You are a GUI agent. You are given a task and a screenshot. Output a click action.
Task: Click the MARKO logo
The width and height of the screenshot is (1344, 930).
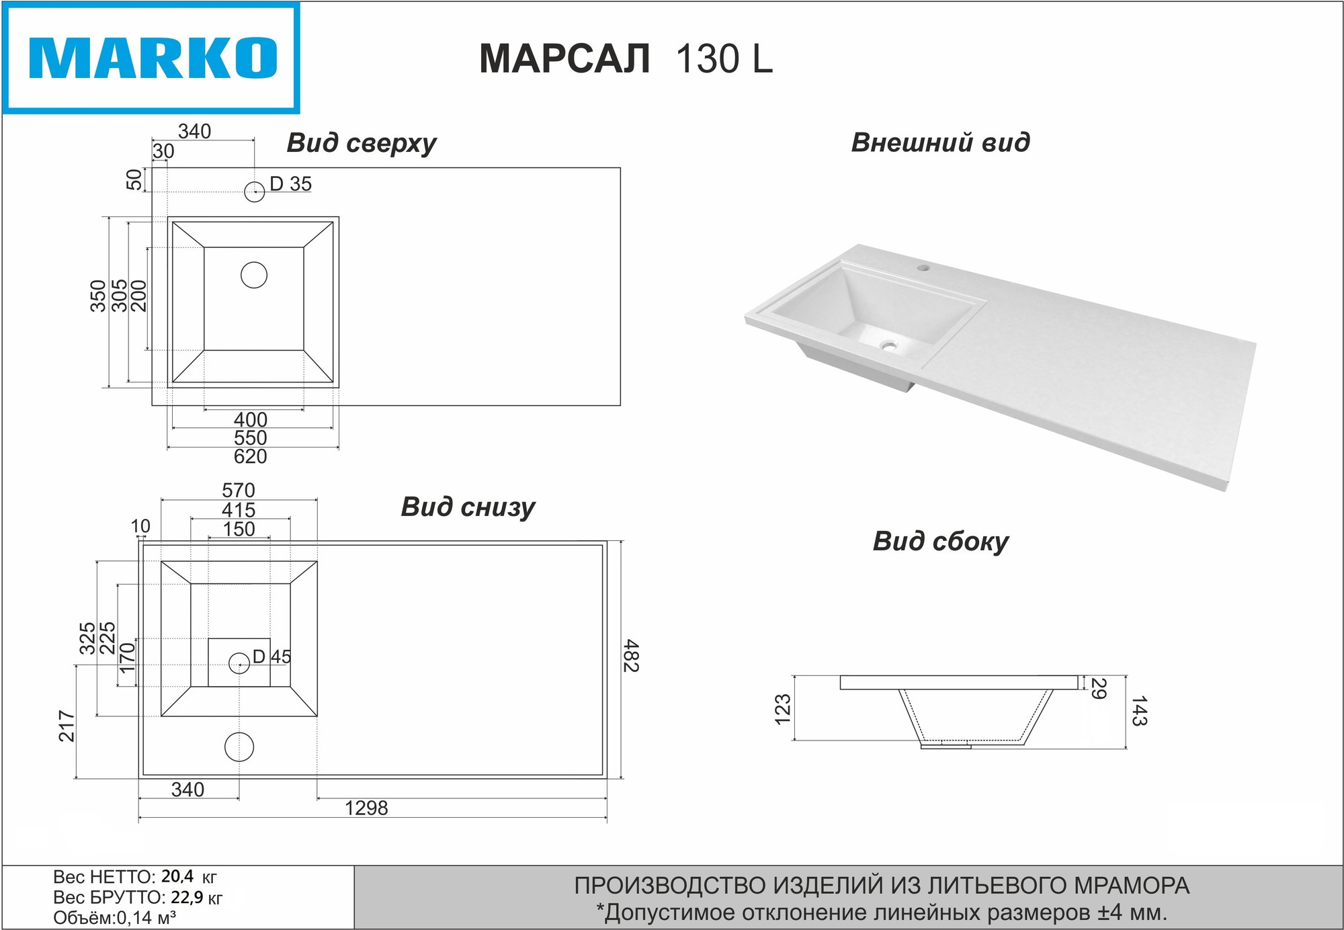[x=151, y=58]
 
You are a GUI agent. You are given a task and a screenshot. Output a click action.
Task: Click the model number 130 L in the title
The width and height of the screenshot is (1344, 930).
[x=724, y=58]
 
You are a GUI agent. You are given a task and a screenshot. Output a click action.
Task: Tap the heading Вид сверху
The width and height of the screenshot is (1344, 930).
[x=362, y=144]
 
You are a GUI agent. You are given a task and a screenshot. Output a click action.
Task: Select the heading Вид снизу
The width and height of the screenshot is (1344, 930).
[x=468, y=507]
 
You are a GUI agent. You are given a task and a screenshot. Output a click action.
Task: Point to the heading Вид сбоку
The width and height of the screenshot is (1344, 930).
[x=941, y=542]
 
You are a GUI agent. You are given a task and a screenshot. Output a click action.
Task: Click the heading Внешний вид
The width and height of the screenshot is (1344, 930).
[x=940, y=142]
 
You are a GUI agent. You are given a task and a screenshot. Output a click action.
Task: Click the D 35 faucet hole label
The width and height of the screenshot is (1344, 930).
[x=290, y=183]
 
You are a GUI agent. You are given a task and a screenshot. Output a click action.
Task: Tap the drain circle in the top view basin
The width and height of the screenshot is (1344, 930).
[x=254, y=275]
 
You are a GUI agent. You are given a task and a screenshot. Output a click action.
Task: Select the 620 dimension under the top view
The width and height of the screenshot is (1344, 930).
[x=251, y=457]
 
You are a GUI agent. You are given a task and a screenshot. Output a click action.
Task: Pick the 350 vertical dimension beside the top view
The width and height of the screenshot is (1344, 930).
[x=99, y=296]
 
